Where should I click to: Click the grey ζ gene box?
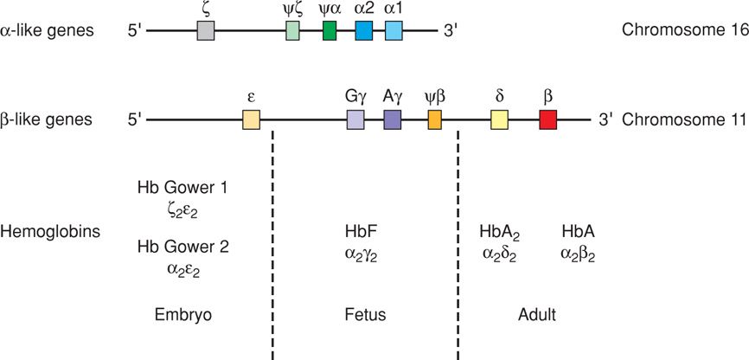206,32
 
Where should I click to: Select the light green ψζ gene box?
293,32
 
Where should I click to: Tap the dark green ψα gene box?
330,32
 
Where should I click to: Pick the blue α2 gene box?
364,32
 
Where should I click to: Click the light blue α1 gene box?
394,32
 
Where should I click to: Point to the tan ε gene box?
251,119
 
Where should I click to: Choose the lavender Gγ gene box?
355,119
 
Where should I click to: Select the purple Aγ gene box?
393,119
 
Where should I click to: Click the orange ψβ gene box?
434,119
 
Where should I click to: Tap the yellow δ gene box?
499,119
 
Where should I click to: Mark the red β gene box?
547,119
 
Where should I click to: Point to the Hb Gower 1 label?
182,188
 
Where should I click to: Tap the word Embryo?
182,314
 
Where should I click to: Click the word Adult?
537,314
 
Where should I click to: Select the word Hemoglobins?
49,231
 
